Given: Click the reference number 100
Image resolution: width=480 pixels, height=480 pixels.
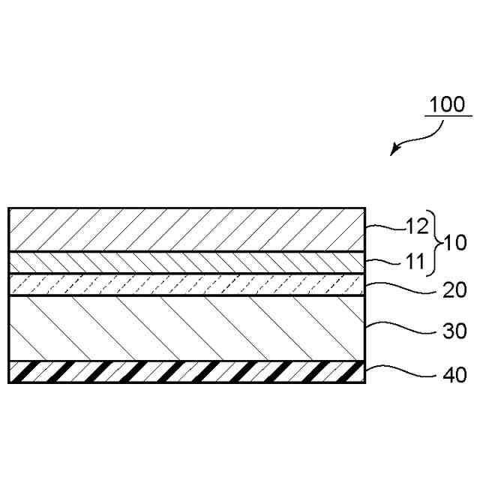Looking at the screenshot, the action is pyautogui.click(x=448, y=103).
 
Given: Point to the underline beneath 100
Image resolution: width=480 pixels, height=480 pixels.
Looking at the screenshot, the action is pyautogui.click(x=448, y=116).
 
